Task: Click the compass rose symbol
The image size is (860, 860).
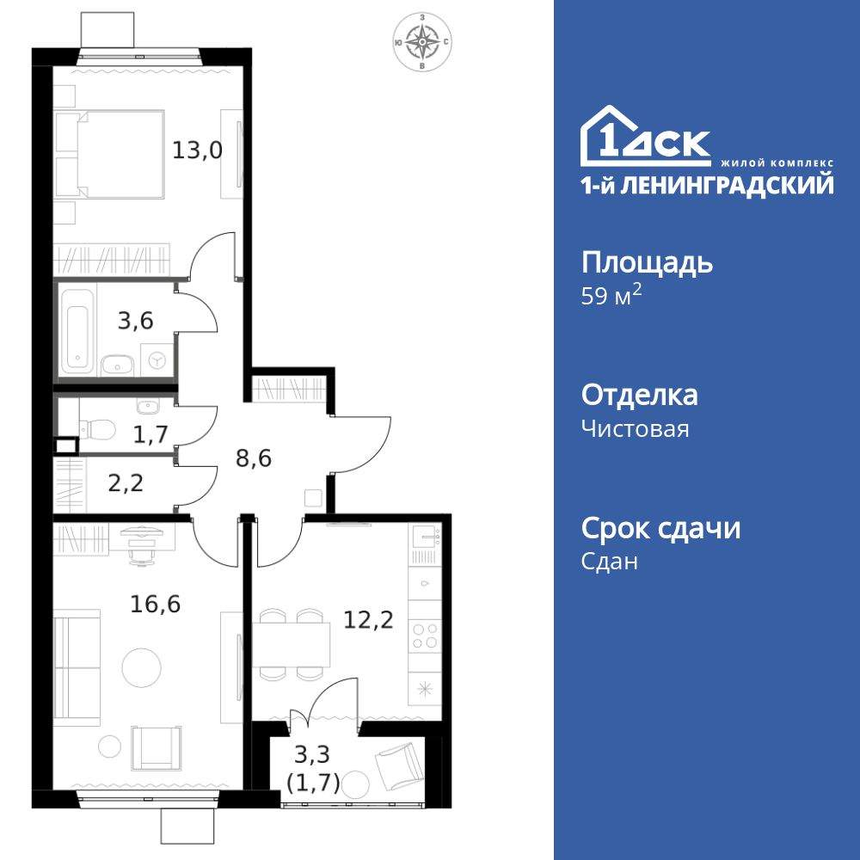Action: (422, 40)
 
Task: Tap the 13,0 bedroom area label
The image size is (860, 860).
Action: (197, 150)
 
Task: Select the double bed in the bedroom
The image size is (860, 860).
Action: (110, 153)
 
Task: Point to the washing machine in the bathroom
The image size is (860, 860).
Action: (157, 360)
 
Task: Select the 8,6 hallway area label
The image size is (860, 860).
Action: (254, 458)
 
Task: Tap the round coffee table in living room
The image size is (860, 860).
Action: (140, 666)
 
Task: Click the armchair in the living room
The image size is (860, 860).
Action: (157, 746)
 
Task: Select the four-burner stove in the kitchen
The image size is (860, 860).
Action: (424, 636)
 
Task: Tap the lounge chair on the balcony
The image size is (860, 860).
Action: (401, 763)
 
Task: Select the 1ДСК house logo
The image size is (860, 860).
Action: (645, 138)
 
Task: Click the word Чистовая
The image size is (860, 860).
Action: (635, 428)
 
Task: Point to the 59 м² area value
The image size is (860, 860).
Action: (611, 298)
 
